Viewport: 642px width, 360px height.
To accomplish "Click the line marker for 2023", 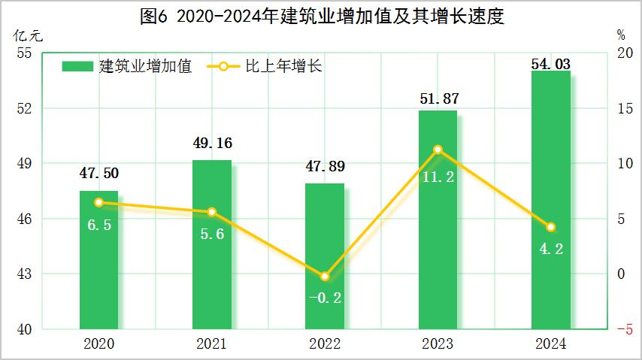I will tap(438, 150).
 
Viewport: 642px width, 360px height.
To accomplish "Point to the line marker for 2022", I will tap(325, 277).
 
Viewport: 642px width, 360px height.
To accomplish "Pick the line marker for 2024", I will tap(550, 227).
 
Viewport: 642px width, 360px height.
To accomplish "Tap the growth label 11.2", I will tap(438, 178).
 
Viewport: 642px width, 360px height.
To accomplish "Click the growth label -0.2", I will tap(325, 298).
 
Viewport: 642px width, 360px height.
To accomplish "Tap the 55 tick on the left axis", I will tap(23, 53).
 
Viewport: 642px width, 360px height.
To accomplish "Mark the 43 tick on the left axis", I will tap(23, 274).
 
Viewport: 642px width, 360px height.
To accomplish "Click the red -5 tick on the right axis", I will tap(624, 329).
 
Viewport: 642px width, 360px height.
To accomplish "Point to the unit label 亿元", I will tap(24, 35).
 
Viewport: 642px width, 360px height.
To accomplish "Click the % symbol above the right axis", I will tap(620, 35).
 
